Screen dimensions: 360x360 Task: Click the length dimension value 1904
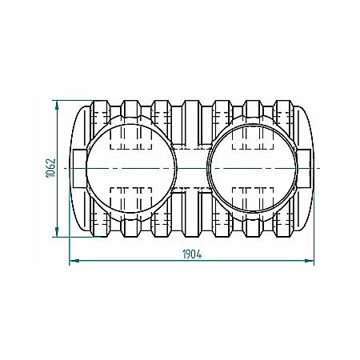click(189, 254)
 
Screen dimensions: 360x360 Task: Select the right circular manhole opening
click(250, 169)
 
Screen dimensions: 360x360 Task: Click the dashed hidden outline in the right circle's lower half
click(250, 192)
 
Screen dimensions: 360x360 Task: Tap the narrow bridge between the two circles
click(190, 169)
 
